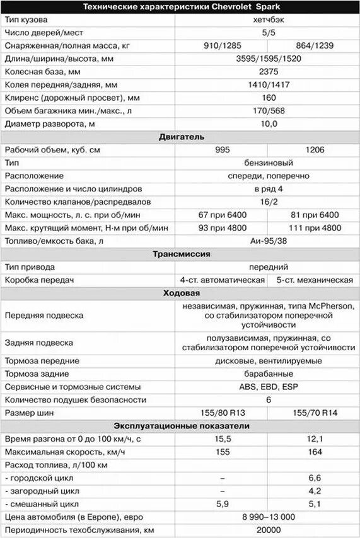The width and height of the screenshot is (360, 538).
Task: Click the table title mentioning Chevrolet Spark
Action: pyautogui.click(x=180, y=6)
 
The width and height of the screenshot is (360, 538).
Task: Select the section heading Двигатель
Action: pyautogui.click(x=180, y=137)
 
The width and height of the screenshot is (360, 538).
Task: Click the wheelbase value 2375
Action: pyautogui.click(x=269, y=72)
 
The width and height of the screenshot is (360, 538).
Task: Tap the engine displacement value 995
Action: pyautogui.click(x=223, y=151)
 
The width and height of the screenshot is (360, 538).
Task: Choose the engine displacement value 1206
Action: pyautogui.click(x=314, y=151)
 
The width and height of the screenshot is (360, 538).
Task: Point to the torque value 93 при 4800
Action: pyautogui.click(x=223, y=228)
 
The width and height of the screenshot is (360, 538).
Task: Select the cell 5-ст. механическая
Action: pyautogui.click(x=314, y=280)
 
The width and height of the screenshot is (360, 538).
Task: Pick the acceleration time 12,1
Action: pyautogui.click(x=314, y=439)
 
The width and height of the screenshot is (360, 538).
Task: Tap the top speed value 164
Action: pyautogui.click(x=314, y=452)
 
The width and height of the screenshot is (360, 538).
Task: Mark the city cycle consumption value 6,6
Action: pyautogui.click(x=314, y=478)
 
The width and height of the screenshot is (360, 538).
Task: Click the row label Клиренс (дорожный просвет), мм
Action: pyautogui.click(x=72, y=98)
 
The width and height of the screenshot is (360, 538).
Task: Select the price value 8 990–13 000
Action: pyautogui.click(x=269, y=517)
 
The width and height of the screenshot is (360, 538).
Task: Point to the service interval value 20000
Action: pyautogui.click(x=269, y=530)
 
